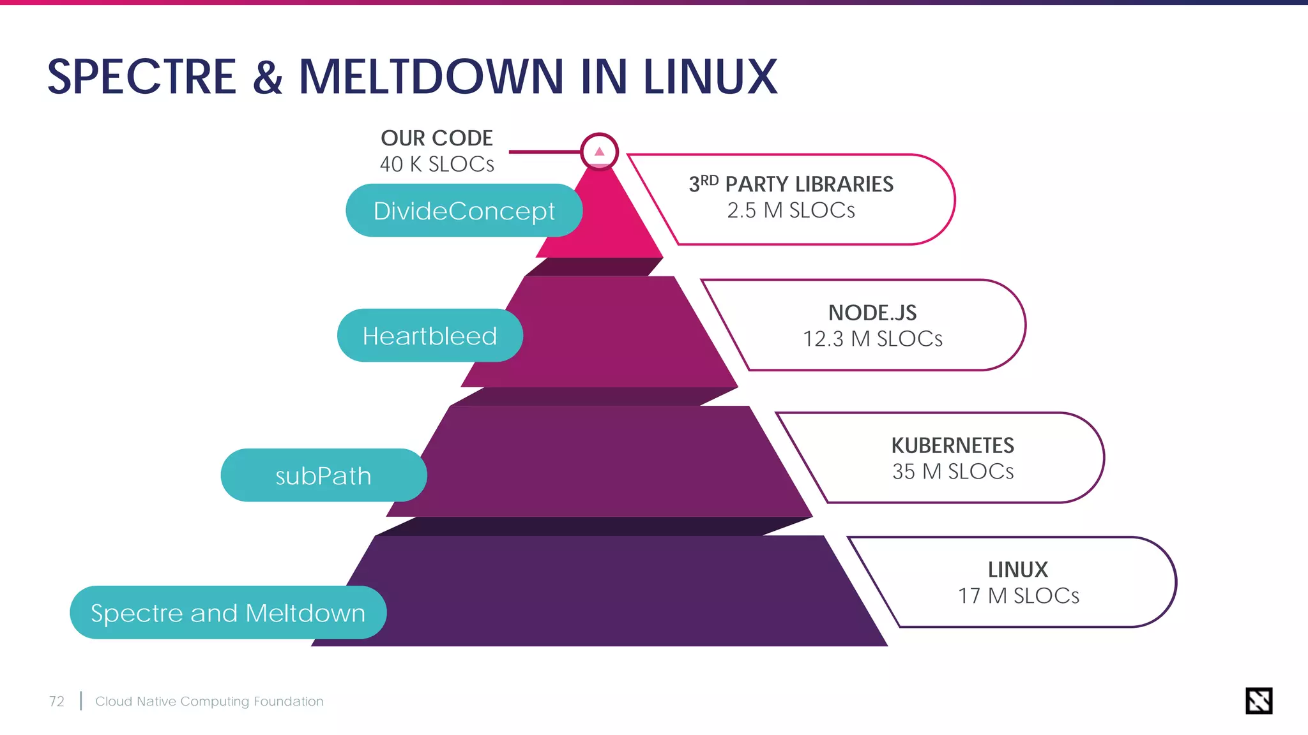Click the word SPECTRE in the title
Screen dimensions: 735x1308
click(142, 77)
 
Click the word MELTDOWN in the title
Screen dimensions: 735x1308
click(431, 77)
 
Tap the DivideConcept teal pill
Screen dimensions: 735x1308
click(464, 211)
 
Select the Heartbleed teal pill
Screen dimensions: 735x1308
click(430, 336)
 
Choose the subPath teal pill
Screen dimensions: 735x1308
click(323, 475)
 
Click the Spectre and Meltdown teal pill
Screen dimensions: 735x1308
click(228, 612)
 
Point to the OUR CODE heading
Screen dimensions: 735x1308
click(437, 138)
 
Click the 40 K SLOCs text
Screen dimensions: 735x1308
click(437, 164)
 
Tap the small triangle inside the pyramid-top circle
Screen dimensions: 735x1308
click(599, 152)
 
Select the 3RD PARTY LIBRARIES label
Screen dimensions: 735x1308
click(791, 184)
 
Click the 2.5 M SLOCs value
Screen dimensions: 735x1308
click(791, 210)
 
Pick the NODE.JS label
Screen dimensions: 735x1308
click(872, 313)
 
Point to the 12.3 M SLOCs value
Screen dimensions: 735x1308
click(872, 339)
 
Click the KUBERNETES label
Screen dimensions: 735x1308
click(952, 445)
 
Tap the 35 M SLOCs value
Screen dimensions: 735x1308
click(952, 471)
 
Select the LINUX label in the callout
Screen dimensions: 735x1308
click(1018, 569)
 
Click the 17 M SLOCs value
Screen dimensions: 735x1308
click(1018, 596)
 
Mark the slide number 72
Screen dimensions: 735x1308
click(57, 701)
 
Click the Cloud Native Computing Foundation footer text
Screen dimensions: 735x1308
click(209, 701)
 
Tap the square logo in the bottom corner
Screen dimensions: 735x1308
click(1259, 701)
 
